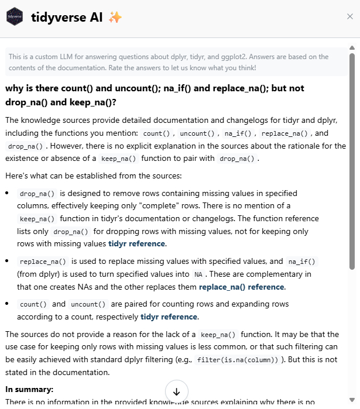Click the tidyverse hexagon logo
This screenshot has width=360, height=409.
click(x=15, y=17)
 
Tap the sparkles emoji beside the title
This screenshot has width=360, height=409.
click(x=115, y=18)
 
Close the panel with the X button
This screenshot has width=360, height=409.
click(x=350, y=16)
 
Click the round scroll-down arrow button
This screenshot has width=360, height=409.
click(x=177, y=391)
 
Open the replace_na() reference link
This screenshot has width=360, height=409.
click(x=241, y=287)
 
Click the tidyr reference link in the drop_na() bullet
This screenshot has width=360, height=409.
click(x=137, y=243)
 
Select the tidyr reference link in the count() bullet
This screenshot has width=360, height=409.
click(x=169, y=317)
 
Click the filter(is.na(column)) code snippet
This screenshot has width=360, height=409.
click(x=239, y=360)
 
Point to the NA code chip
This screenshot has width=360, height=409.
click(x=200, y=274)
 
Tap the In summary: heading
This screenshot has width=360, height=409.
click(x=29, y=389)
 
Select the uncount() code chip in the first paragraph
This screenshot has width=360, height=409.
click(x=198, y=133)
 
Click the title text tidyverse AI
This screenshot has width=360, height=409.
click(x=67, y=17)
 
